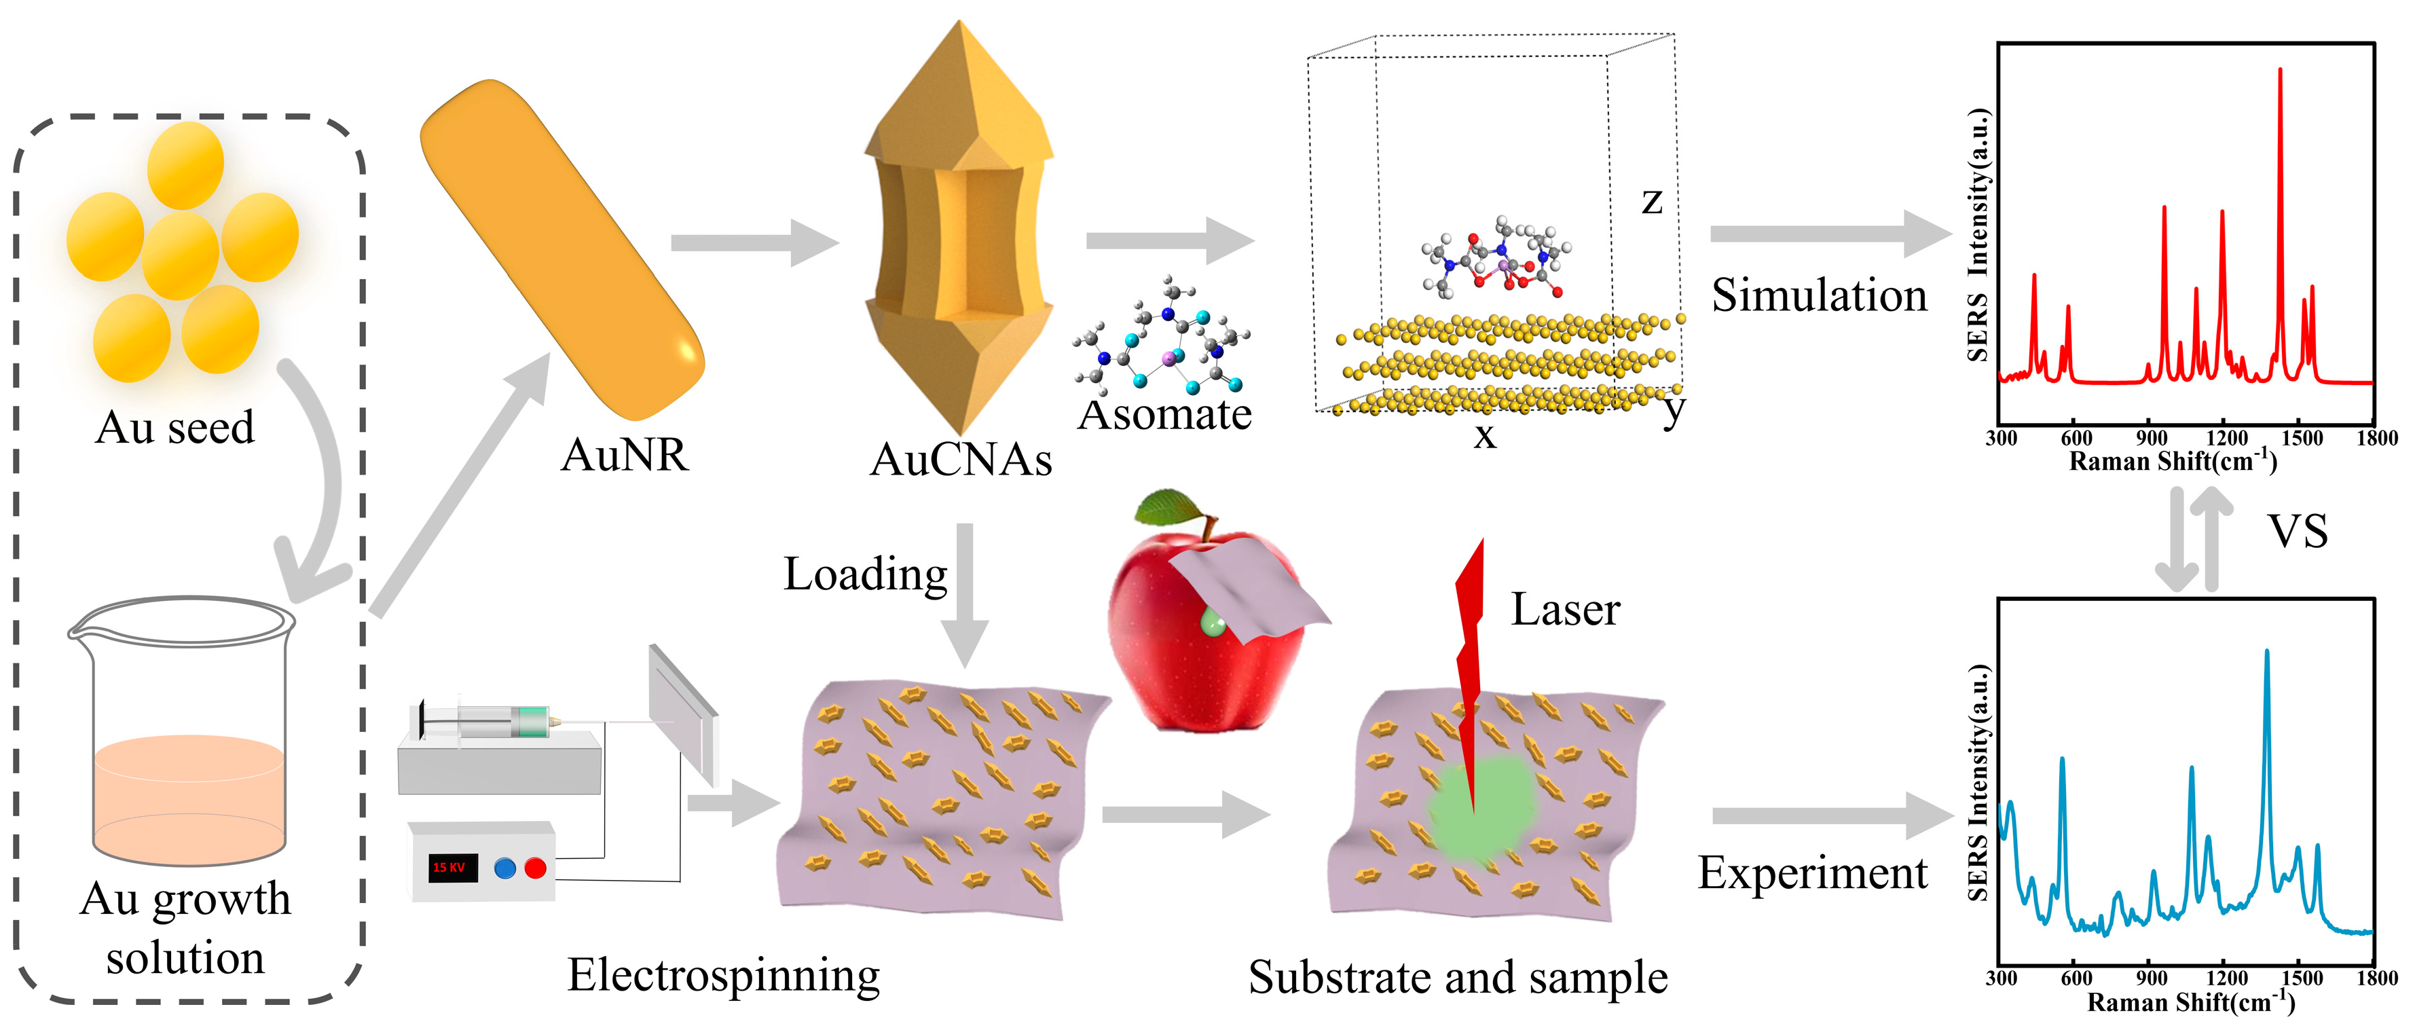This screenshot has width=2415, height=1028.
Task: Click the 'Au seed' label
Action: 175,428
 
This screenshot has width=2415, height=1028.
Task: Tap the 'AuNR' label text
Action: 625,456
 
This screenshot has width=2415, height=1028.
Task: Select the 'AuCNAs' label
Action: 961,460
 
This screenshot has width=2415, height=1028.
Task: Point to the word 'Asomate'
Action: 1164,415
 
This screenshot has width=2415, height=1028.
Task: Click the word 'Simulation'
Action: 1819,295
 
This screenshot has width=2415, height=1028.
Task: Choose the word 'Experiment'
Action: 1812,873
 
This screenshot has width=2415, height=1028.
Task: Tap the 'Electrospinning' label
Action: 724,976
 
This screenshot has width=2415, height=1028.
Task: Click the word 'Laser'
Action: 1565,610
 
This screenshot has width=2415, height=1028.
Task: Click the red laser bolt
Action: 1470,657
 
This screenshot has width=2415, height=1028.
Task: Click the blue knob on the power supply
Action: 504,868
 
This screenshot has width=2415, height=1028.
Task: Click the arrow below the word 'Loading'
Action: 965,600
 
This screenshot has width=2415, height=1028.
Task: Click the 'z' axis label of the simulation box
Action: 1652,201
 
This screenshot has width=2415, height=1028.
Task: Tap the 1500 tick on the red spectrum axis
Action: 2302,438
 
